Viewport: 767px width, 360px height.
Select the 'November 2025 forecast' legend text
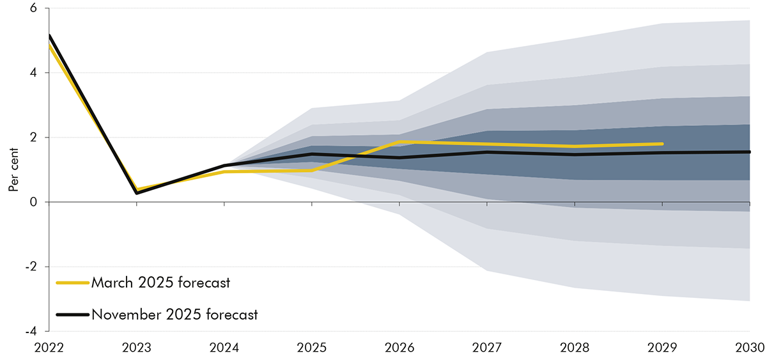(174, 315)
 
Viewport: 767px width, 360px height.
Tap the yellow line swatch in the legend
(72, 282)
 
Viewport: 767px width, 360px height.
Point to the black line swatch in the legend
(72, 315)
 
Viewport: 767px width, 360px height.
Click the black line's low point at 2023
(137, 192)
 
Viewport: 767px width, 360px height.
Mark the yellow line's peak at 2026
(399, 142)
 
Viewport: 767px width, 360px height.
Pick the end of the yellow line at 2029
(662, 144)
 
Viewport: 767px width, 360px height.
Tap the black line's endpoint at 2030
(748, 152)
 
